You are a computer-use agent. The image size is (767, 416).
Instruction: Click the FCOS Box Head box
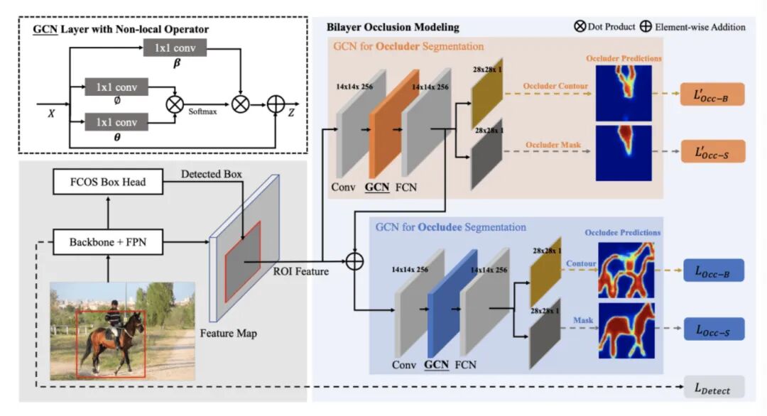(x=108, y=182)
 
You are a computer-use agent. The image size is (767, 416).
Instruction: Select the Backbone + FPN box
(x=108, y=242)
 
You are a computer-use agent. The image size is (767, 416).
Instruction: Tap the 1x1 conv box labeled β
(x=175, y=48)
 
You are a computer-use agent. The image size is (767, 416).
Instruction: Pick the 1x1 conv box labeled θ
(x=116, y=121)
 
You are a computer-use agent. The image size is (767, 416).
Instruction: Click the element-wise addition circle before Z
(x=276, y=104)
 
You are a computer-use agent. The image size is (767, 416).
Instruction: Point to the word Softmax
(x=202, y=111)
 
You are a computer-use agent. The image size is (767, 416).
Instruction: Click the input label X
(x=51, y=114)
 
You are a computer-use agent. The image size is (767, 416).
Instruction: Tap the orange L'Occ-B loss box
(x=712, y=94)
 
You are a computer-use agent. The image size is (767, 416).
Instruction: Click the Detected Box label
(x=212, y=174)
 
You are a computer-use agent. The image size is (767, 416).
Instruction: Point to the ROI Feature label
(x=301, y=271)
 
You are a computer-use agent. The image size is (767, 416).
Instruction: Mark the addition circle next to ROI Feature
(x=354, y=261)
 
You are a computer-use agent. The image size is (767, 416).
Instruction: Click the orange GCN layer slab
(x=393, y=124)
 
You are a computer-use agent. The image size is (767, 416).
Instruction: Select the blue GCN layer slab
(x=452, y=304)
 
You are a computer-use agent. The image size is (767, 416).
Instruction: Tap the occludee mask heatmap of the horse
(x=626, y=330)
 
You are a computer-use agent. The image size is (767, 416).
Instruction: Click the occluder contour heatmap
(x=624, y=93)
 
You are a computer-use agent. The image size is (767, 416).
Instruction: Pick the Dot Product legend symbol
(x=580, y=26)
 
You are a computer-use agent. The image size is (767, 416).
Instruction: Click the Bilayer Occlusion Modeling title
(x=393, y=28)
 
